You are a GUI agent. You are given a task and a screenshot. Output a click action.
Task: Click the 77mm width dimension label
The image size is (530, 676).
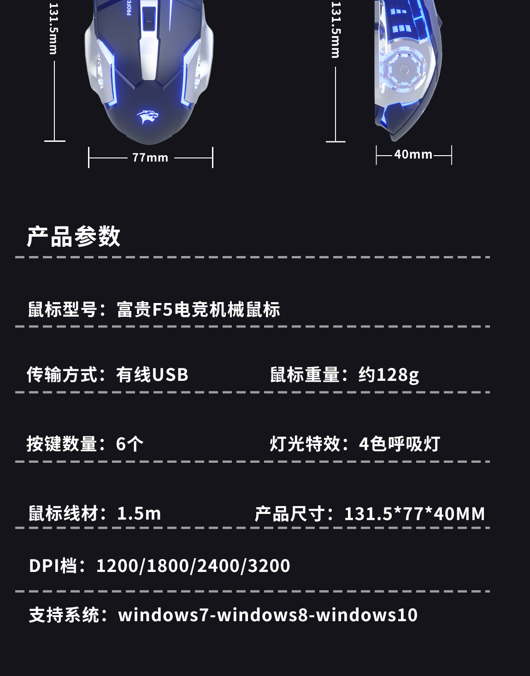click(x=150, y=157)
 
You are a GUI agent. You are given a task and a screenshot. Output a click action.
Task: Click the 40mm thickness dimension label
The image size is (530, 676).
click(x=413, y=154)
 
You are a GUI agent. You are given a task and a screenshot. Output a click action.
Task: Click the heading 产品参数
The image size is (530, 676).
click(x=74, y=237)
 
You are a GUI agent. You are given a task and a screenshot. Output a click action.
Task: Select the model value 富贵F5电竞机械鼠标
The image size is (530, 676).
click(x=198, y=309)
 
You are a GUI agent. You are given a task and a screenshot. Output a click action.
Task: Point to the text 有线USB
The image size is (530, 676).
click(x=152, y=375)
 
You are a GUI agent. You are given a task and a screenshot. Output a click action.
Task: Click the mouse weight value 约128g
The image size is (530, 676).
click(x=389, y=375)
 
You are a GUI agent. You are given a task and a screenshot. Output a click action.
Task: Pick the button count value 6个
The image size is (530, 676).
click(x=130, y=444)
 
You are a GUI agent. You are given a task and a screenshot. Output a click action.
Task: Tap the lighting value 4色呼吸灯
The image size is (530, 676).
click(x=399, y=444)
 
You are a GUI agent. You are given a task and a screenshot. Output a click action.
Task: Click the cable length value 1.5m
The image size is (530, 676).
click(x=139, y=513)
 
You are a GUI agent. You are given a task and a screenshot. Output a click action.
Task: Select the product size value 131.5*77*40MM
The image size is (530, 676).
click(x=414, y=513)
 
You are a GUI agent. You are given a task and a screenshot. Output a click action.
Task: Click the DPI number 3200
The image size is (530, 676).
click(x=269, y=565)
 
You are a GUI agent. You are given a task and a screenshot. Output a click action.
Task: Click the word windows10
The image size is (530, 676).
click(x=367, y=615)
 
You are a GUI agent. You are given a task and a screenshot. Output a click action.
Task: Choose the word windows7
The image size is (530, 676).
click(x=164, y=615)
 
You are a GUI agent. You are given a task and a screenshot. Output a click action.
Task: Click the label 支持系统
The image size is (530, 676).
click(x=64, y=615)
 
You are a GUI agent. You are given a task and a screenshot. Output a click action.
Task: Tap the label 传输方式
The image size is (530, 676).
click(x=62, y=375)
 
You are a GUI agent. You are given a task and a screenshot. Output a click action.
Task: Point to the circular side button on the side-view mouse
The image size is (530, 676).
click(x=404, y=70)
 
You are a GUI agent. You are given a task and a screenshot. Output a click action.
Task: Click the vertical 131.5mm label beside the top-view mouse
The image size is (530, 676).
click(x=53, y=29)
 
